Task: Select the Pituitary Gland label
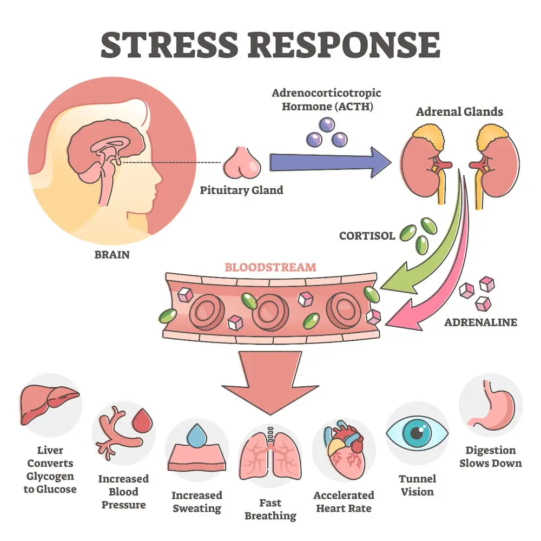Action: [241, 190]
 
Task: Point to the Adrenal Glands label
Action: [459, 112]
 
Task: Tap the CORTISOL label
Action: [367, 236]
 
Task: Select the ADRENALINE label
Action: [480, 322]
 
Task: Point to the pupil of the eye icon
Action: [417, 433]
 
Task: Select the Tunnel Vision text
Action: [417, 485]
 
